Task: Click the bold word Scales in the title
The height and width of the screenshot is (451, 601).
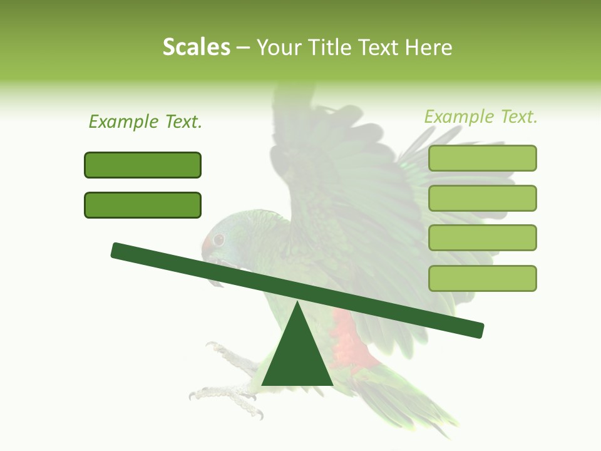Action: click(196, 47)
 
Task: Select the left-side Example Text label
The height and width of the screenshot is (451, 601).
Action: click(145, 122)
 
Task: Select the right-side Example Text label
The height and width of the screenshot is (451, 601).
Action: click(481, 117)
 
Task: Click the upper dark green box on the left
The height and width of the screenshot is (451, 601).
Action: click(143, 165)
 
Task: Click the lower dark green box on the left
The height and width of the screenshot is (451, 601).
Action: click(143, 205)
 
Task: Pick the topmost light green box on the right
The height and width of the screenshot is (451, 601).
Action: click(482, 158)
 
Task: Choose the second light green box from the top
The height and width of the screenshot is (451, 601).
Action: click(482, 198)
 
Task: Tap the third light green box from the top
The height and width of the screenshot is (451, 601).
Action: click(482, 238)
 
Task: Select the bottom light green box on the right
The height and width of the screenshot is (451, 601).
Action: click(482, 278)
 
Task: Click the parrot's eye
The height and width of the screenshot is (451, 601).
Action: click(218, 239)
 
